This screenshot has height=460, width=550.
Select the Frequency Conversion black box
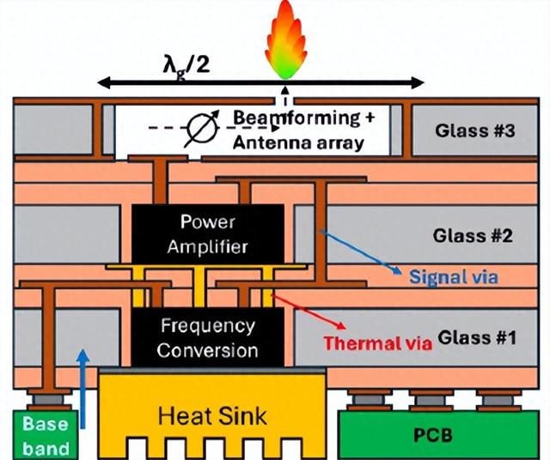(x=209, y=337)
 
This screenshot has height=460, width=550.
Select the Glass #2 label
(x=472, y=234)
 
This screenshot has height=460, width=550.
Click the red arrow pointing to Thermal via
(x=309, y=314)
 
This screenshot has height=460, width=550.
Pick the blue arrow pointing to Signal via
(x=361, y=252)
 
